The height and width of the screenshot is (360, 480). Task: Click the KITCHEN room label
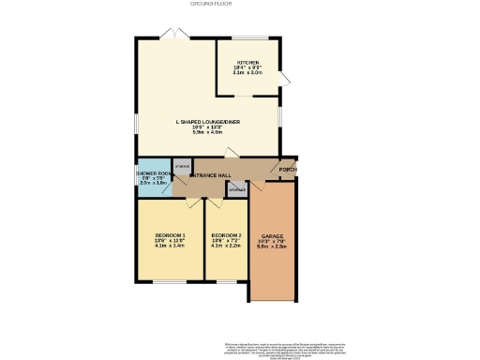247,62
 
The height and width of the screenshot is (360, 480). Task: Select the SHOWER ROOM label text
152,173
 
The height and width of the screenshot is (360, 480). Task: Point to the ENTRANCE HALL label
211,175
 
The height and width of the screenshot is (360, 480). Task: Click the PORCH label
288,170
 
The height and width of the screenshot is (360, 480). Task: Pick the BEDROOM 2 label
226,233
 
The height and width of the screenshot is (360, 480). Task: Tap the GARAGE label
273,236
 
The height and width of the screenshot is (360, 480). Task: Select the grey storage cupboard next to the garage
234,189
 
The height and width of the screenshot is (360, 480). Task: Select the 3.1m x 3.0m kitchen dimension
247,73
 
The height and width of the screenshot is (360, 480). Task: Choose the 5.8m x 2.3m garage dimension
273,247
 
